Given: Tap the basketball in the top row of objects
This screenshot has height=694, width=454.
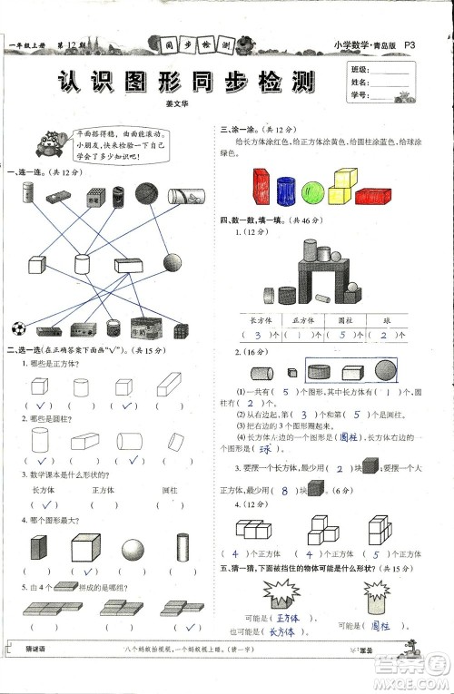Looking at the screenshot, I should click(147, 192).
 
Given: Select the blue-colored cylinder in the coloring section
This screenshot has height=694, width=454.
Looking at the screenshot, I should click(286, 193).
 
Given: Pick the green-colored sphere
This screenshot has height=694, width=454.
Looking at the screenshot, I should click(313, 192).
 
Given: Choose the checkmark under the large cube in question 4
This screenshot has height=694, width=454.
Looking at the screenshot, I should click(88, 572).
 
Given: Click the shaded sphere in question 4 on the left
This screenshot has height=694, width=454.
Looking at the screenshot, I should click(133, 549).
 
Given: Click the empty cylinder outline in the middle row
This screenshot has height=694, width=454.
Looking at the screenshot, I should click(82, 264).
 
